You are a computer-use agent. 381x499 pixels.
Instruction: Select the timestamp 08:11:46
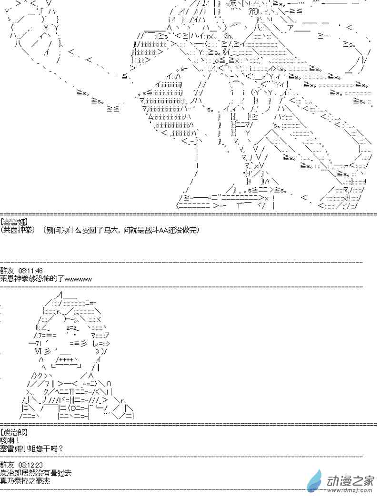30,271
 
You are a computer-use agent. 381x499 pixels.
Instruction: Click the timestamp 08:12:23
30,464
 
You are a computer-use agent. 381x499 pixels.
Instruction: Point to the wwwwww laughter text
78,278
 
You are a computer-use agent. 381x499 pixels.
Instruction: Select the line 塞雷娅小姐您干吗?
31,448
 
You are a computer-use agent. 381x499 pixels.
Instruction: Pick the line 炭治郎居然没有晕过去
36,472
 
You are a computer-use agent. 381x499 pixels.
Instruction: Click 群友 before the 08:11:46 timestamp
7,271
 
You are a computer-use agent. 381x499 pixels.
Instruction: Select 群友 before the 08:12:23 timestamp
7,464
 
